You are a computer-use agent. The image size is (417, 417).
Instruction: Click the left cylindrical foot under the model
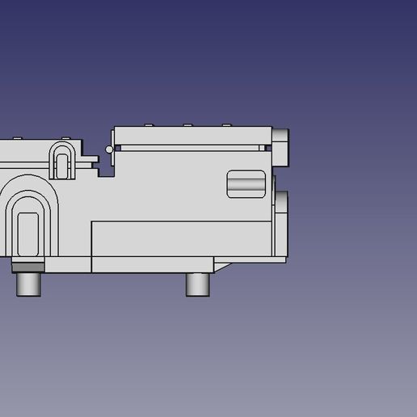pyautogui.click(x=29, y=284)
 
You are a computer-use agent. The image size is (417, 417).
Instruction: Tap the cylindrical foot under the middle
pyautogui.click(x=197, y=284)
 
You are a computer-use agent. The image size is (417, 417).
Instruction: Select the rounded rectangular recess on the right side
pyautogui.click(x=246, y=183)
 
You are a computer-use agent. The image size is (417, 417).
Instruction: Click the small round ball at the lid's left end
pyautogui.click(x=109, y=149)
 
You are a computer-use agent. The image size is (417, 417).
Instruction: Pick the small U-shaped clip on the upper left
pyautogui.click(x=62, y=159)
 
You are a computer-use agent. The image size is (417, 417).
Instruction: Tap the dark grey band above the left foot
pyautogui.click(x=29, y=267)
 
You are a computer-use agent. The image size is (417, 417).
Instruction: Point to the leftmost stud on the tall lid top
pyautogui.click(x=149, y=125)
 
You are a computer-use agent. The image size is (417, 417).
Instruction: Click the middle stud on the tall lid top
pyautogui.click(x=187, y=125)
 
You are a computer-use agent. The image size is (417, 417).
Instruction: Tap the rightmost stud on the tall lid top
pyautogui.click(x=226, y=125)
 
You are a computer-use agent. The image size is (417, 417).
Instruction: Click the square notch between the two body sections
pyautogui.click(x=106, y=169)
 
